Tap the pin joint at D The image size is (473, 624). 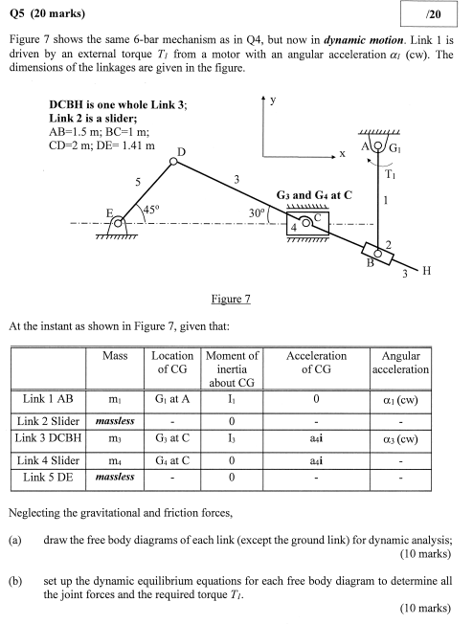pos(173,162)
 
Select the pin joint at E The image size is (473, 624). pos(118,224)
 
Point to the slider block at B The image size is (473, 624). pos(379,255)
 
